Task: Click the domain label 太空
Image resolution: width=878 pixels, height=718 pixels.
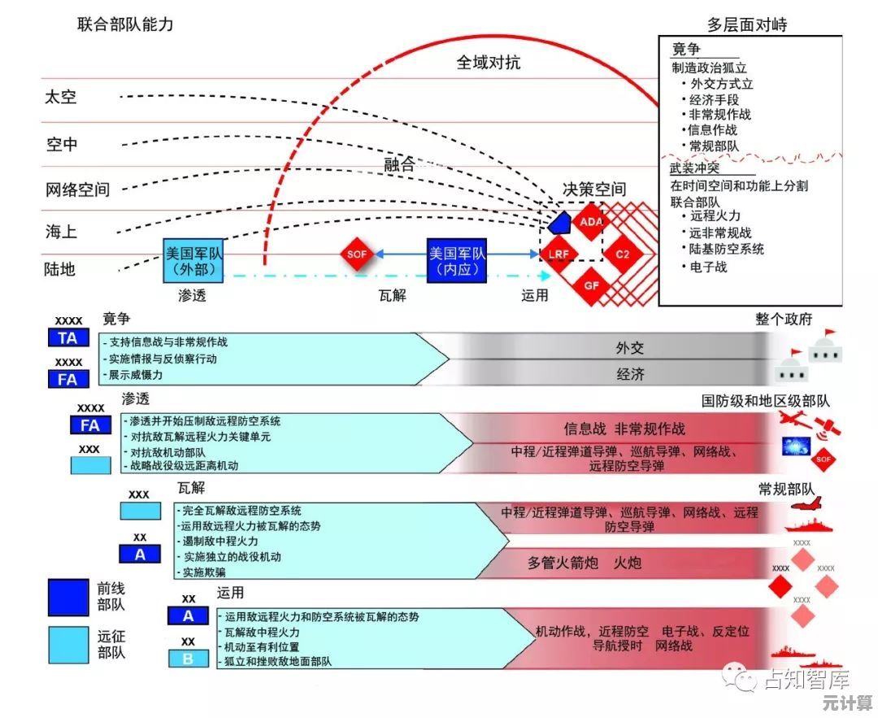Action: pyautogui.click(x=61, y=97)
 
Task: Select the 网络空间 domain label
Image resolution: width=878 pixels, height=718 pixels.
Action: pyautogui.click(x=77, y=189)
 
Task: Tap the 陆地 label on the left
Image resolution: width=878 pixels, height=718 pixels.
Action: pyautogui.click(x=61, y=269)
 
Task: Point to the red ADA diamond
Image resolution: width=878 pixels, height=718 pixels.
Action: pyautogui.click(x=590, y=221)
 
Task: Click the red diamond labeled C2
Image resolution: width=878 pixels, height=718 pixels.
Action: pyautogui.click(x=623, y=255)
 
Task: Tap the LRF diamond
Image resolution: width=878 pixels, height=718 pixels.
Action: pyautogui.click(x=559, y=255)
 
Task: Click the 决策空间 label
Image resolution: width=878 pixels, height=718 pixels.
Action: pyautogui.click(x=594, y=189)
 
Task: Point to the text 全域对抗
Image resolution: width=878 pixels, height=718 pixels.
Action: pyautogui.click(x=489, y=62)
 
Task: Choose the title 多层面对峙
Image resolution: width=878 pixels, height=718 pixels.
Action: pyautogui.click(x=746, y=24)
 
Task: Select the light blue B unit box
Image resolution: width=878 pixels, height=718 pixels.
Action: pyautogui.click(x=188, y=659)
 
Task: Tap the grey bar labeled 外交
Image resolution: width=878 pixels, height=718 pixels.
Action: pyautogui.click(x=629, y=348)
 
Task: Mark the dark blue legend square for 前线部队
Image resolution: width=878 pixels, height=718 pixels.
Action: pyautogui.click(x=67, y=597)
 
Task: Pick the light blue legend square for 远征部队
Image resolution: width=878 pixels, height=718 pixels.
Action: pyautogui.click(x=67, y=645)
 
